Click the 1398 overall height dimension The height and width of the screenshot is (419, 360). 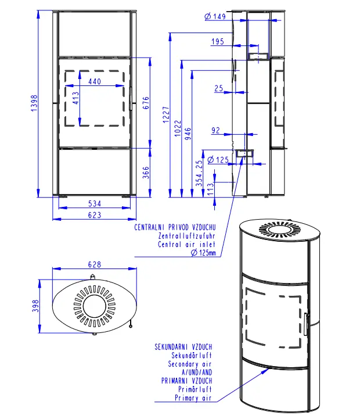click(34, 103)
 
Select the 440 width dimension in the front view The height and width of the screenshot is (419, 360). click(95, 81)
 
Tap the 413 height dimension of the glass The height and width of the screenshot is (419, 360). click(76, 98)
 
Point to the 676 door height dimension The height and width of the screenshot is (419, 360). click(146, 103)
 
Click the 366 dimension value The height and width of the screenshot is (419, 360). click(146, 173)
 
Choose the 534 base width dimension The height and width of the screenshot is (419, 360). click(95, 203)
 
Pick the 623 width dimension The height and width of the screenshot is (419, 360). click(95, 215)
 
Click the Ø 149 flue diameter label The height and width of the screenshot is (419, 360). click(215, 16)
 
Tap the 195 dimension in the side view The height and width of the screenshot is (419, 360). click(218, 41)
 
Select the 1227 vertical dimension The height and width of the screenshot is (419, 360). click(166, 115)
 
